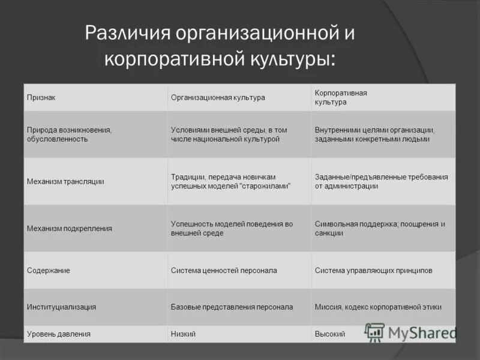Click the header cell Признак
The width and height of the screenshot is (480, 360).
tap(41, 97)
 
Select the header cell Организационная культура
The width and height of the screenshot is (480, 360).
tap(218, 97)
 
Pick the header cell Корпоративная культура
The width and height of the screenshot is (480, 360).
tap(341, 97)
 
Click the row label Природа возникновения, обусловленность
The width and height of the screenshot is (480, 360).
tap(70, 134)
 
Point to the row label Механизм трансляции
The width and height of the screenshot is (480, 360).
tap(65, 181)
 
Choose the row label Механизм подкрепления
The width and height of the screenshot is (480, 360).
tap(70, 229)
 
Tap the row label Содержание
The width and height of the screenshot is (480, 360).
tap(48, 271)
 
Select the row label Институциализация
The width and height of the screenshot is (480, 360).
tap(61, 307)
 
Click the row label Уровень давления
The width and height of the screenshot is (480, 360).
tap(59, 334)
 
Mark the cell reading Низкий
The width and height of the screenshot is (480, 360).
tap(183, 334)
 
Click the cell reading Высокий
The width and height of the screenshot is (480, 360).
tap(329, 334)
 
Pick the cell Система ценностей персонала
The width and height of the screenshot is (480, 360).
tap(224, 271)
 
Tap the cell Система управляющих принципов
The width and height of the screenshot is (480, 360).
tap(373, 271)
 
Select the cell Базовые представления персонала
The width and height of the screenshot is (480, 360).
tap(232, 307)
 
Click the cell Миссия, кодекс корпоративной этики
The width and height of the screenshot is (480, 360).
tap(378, 307)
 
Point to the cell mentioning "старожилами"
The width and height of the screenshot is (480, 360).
tap(230, 181)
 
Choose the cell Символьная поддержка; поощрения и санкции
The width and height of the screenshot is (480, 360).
tap(380, 229)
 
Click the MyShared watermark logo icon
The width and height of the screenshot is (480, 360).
tap(375, 332)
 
